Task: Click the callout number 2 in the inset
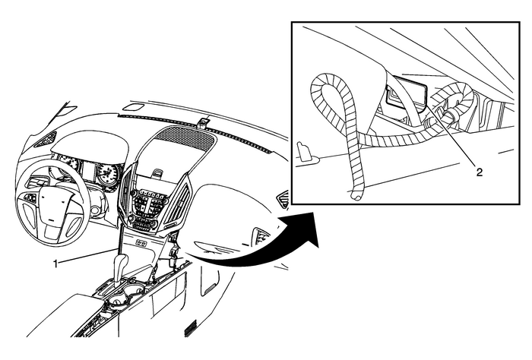pos(480,172)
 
